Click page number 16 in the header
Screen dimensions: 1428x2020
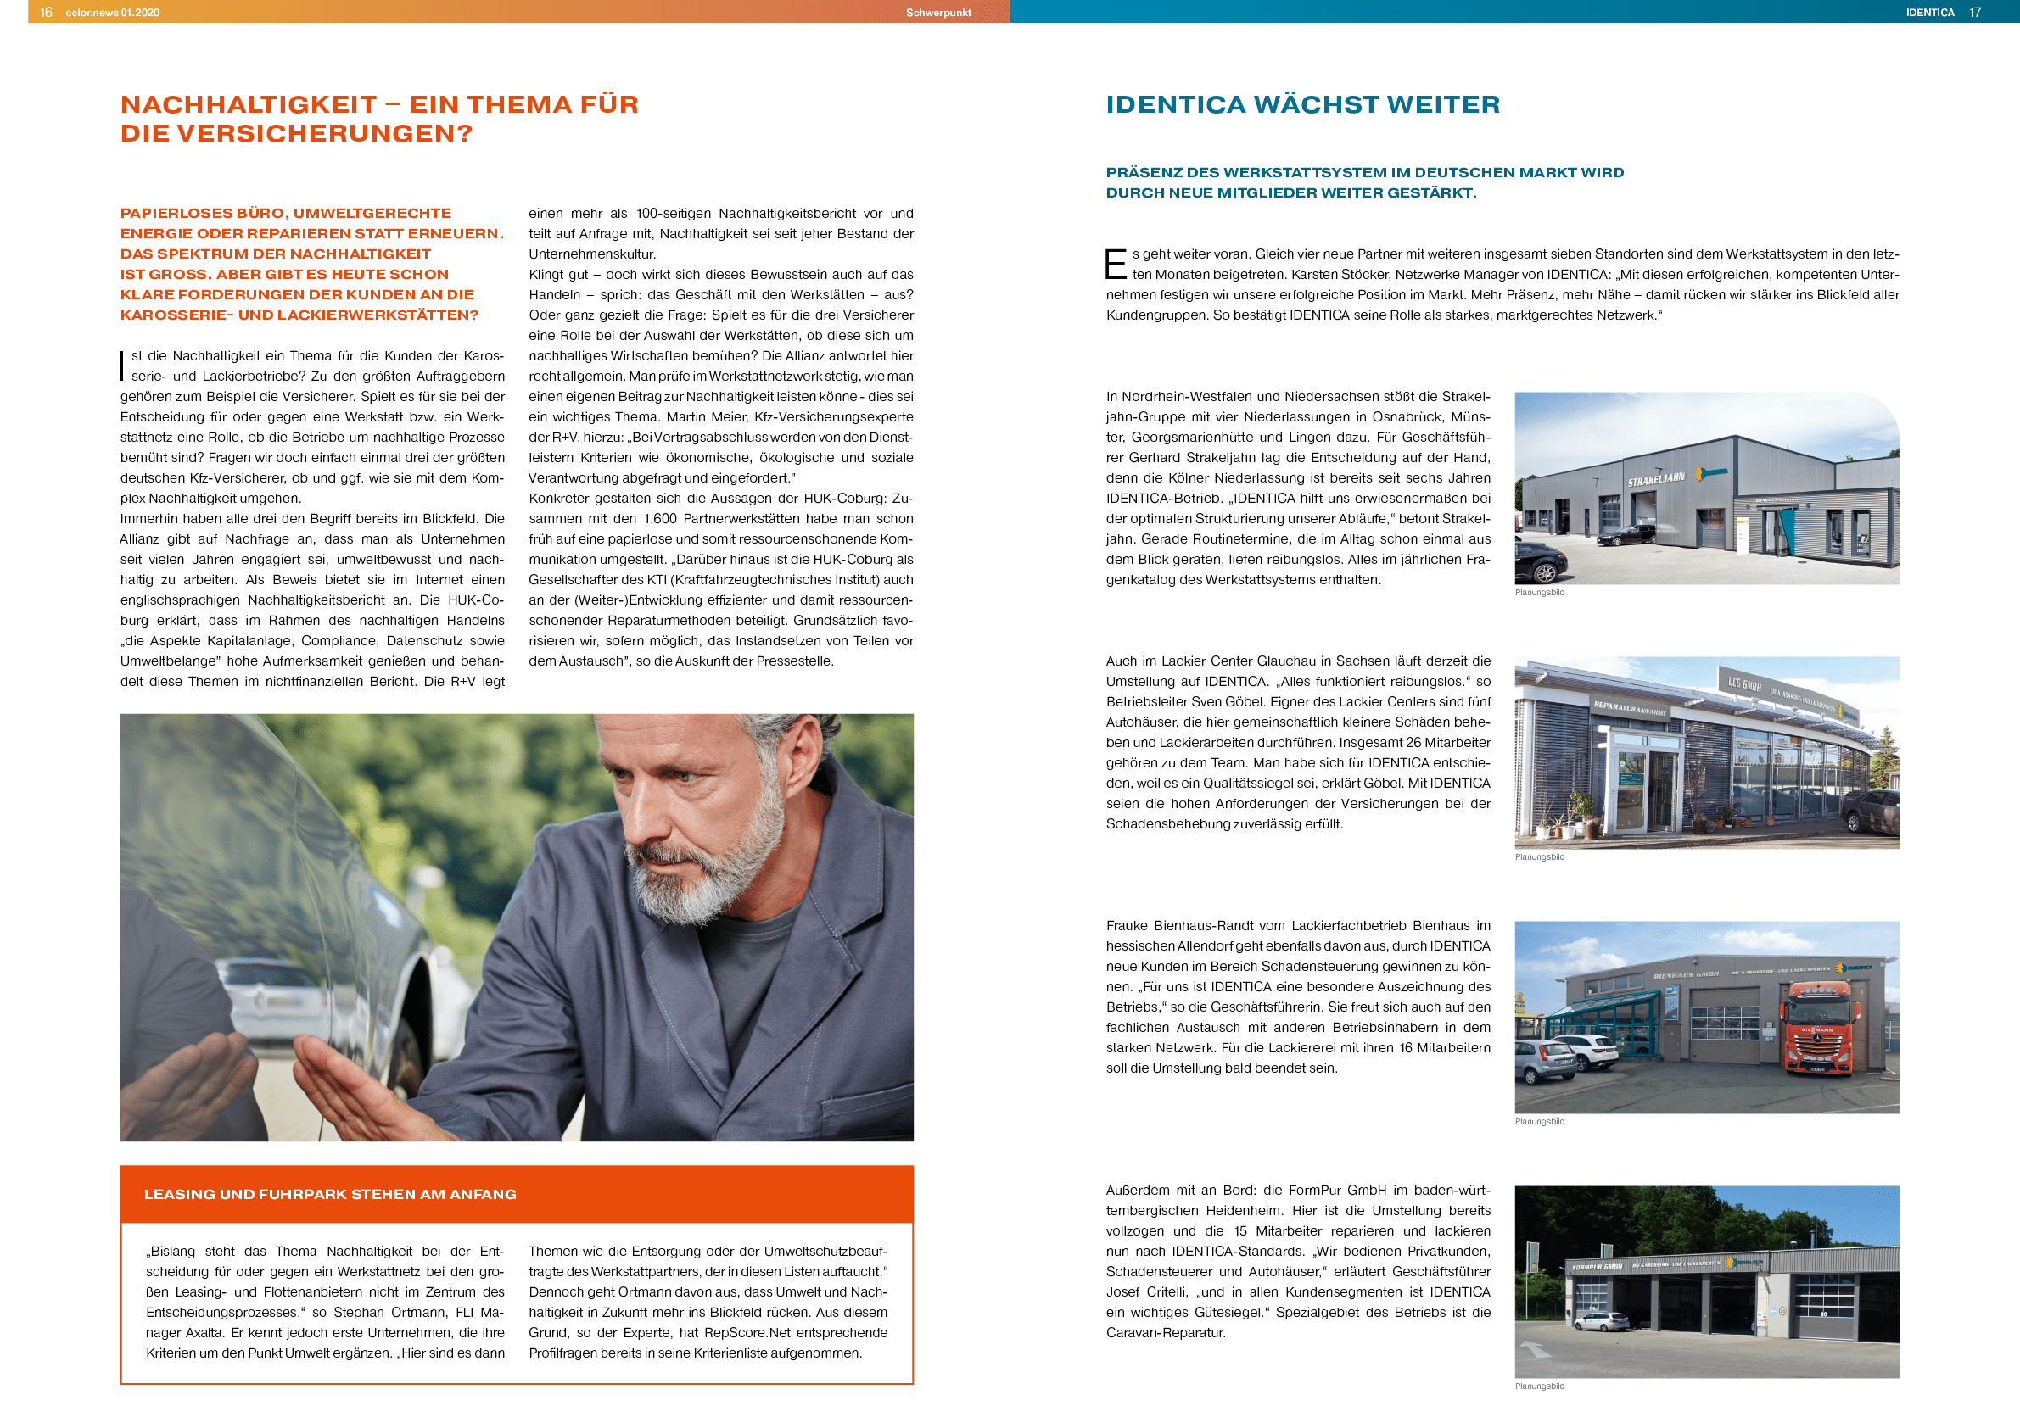(x=46, y=13)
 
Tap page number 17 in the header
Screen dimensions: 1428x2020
(x=1975, y=13)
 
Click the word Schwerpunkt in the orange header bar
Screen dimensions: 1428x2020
(x=937, y=13)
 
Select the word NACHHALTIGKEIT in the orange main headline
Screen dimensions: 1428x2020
(x=249, y=104)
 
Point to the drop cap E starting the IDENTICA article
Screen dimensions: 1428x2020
(x=1115, y=264)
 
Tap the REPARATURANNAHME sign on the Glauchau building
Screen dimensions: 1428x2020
(x=1630, y=708)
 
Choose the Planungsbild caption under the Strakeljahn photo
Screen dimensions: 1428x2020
(x=1540, y=593)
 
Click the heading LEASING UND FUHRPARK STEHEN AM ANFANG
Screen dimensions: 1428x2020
(x=330, y=1194)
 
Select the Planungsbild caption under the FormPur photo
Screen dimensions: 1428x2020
(x=1540, y=1386)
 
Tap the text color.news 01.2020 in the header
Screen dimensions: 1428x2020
(x=113, y=13)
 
